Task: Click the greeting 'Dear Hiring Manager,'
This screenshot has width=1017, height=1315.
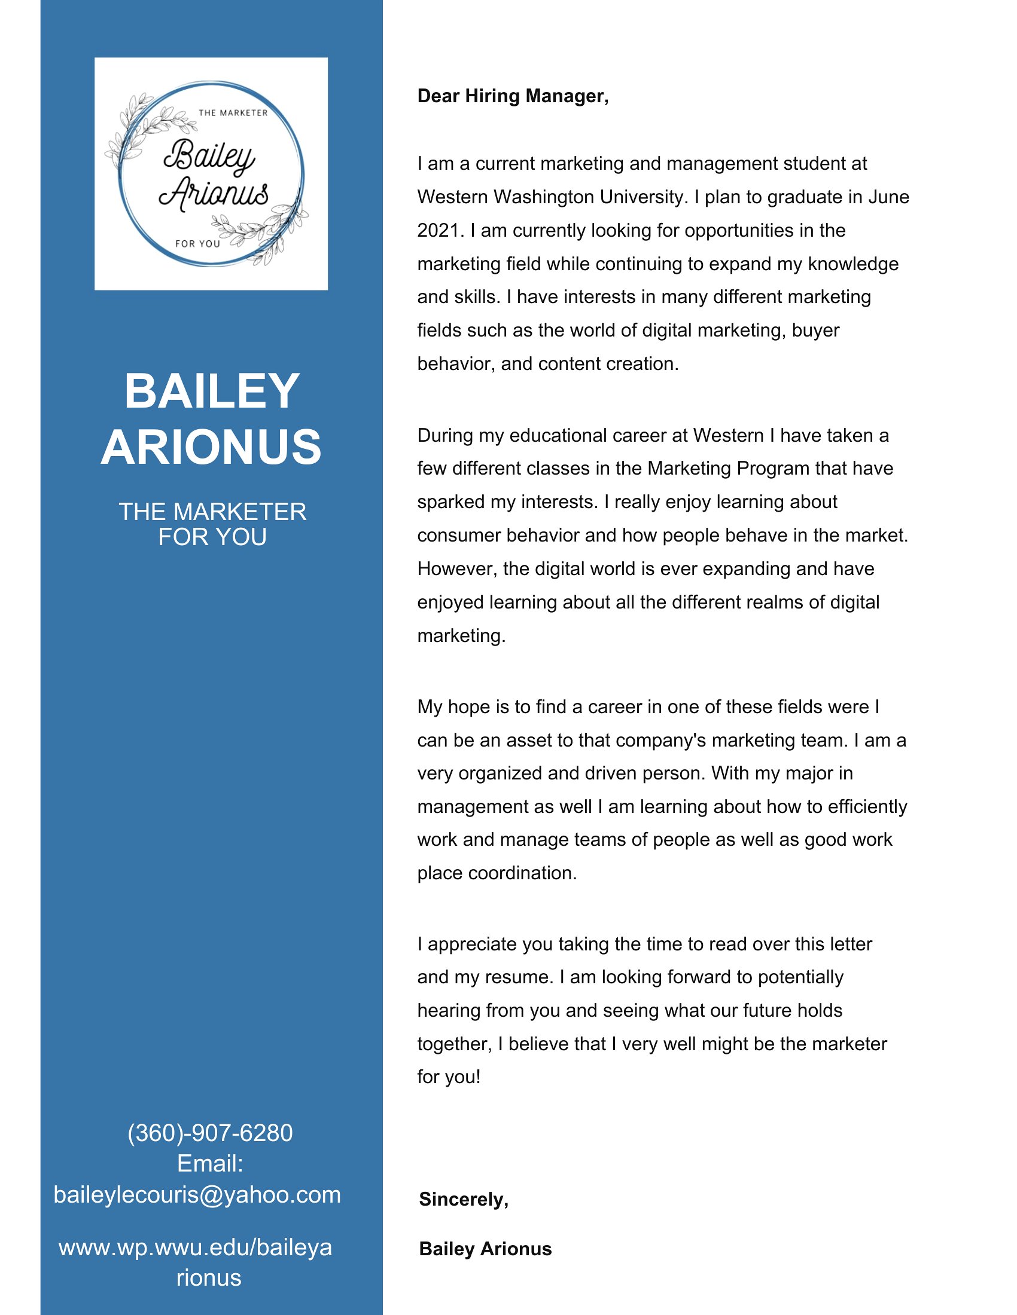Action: [513, 96]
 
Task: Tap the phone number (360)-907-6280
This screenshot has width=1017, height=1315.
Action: [209, 1133]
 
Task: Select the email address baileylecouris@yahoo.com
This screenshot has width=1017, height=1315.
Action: [197, 1195]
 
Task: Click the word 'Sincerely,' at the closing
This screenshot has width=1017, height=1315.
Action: [463, 1200]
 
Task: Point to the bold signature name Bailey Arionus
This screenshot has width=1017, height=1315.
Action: [485, 1249]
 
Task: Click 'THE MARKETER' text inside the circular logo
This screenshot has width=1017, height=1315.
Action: [233, 112]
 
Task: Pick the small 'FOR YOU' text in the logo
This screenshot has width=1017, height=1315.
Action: [197, 244]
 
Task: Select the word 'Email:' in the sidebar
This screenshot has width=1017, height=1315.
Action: [209, 1164]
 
